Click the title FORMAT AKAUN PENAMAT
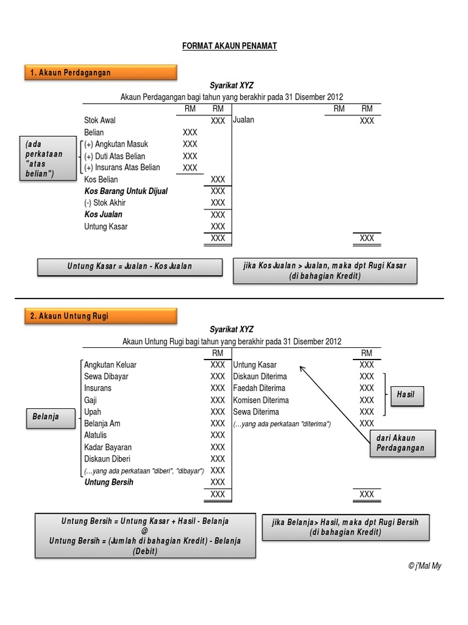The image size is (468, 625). [230, 46]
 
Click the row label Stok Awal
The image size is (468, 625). [100, 120]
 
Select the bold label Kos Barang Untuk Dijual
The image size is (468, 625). [126, 191]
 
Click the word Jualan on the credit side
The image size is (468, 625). [244, 120]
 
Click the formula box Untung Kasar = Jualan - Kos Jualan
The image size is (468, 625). [129, 266]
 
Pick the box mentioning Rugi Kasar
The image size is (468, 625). [325, 270]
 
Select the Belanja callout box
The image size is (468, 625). [46, 417]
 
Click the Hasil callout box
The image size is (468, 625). [405, 395]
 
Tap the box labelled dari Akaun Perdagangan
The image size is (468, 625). [402, 443]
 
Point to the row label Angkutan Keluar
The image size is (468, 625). [110, 365]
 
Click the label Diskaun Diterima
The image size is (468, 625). [260, 377]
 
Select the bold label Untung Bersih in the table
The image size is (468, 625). [109, 482]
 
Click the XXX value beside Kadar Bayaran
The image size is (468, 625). [218, 447]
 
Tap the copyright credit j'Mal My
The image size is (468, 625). [425, 566]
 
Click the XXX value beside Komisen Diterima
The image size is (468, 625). [366, 400]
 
